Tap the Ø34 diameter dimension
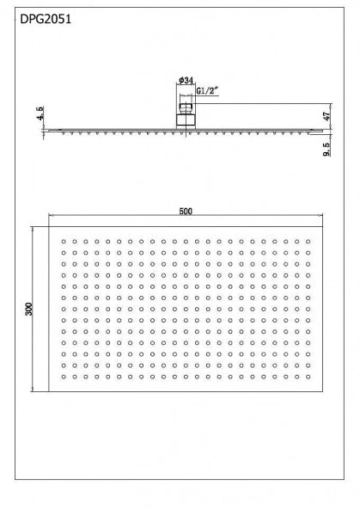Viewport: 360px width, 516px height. coord(185,80)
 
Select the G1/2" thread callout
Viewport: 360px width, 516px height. coord(209,89)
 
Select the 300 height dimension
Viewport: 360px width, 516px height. coord(28,310)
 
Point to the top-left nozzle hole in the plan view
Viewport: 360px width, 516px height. coord(63,242)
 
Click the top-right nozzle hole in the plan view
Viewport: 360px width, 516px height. coord(308,242)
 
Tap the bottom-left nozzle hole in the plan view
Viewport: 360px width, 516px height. coord(63,376)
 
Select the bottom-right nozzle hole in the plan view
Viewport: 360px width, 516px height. coord(308,376)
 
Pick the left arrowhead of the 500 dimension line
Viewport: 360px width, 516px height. coord(52,216)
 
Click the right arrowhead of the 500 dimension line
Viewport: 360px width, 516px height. coord(320,216)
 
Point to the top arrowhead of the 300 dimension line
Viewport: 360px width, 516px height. coord(34,230)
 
